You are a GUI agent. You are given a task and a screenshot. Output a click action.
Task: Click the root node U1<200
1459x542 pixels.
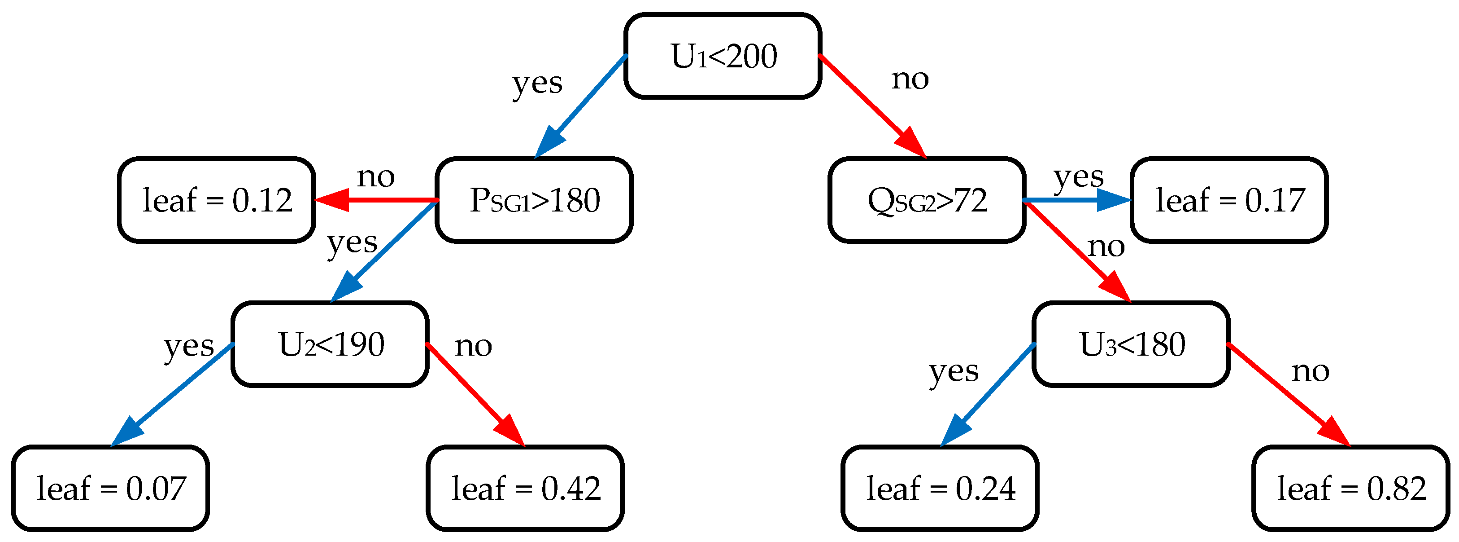pyautogui.click(x=723, y=56)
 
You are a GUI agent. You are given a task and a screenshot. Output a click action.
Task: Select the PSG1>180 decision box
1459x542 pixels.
pyautogui.click(x=534, y=200)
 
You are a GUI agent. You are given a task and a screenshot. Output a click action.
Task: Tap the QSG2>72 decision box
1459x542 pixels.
pyautogui.click(x=927, y=200)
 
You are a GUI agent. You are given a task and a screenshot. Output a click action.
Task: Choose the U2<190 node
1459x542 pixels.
pyautogui.click(x=330, y=344)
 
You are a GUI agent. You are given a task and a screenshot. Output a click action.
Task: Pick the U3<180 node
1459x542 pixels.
pyautogui.click(x=1131, y=344)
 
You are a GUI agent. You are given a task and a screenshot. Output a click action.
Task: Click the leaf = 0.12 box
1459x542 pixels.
pyautogui.click(x=217, y=200)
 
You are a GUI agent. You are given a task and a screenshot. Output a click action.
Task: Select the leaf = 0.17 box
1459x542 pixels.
pyautogui.click(x=1229, y=200)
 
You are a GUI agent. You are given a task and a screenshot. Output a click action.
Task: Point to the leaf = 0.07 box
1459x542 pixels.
pyautogui.click(x=110, y=488)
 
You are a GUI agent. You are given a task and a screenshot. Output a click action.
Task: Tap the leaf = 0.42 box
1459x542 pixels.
pyautogui.click(x=525, y=488)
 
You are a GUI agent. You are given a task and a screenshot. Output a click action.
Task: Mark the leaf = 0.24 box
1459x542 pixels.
pyautogui.click(x=940, y=488)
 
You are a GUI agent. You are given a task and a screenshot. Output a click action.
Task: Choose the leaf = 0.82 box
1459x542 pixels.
pyautogui.click(x=1351, y=488)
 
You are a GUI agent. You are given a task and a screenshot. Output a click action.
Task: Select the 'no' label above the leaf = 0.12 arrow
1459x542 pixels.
pyautogui.click(x=375, y=176)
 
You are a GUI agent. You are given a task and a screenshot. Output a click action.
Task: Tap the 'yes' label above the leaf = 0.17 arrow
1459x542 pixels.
pyautogui.click(x=1078, y=176)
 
